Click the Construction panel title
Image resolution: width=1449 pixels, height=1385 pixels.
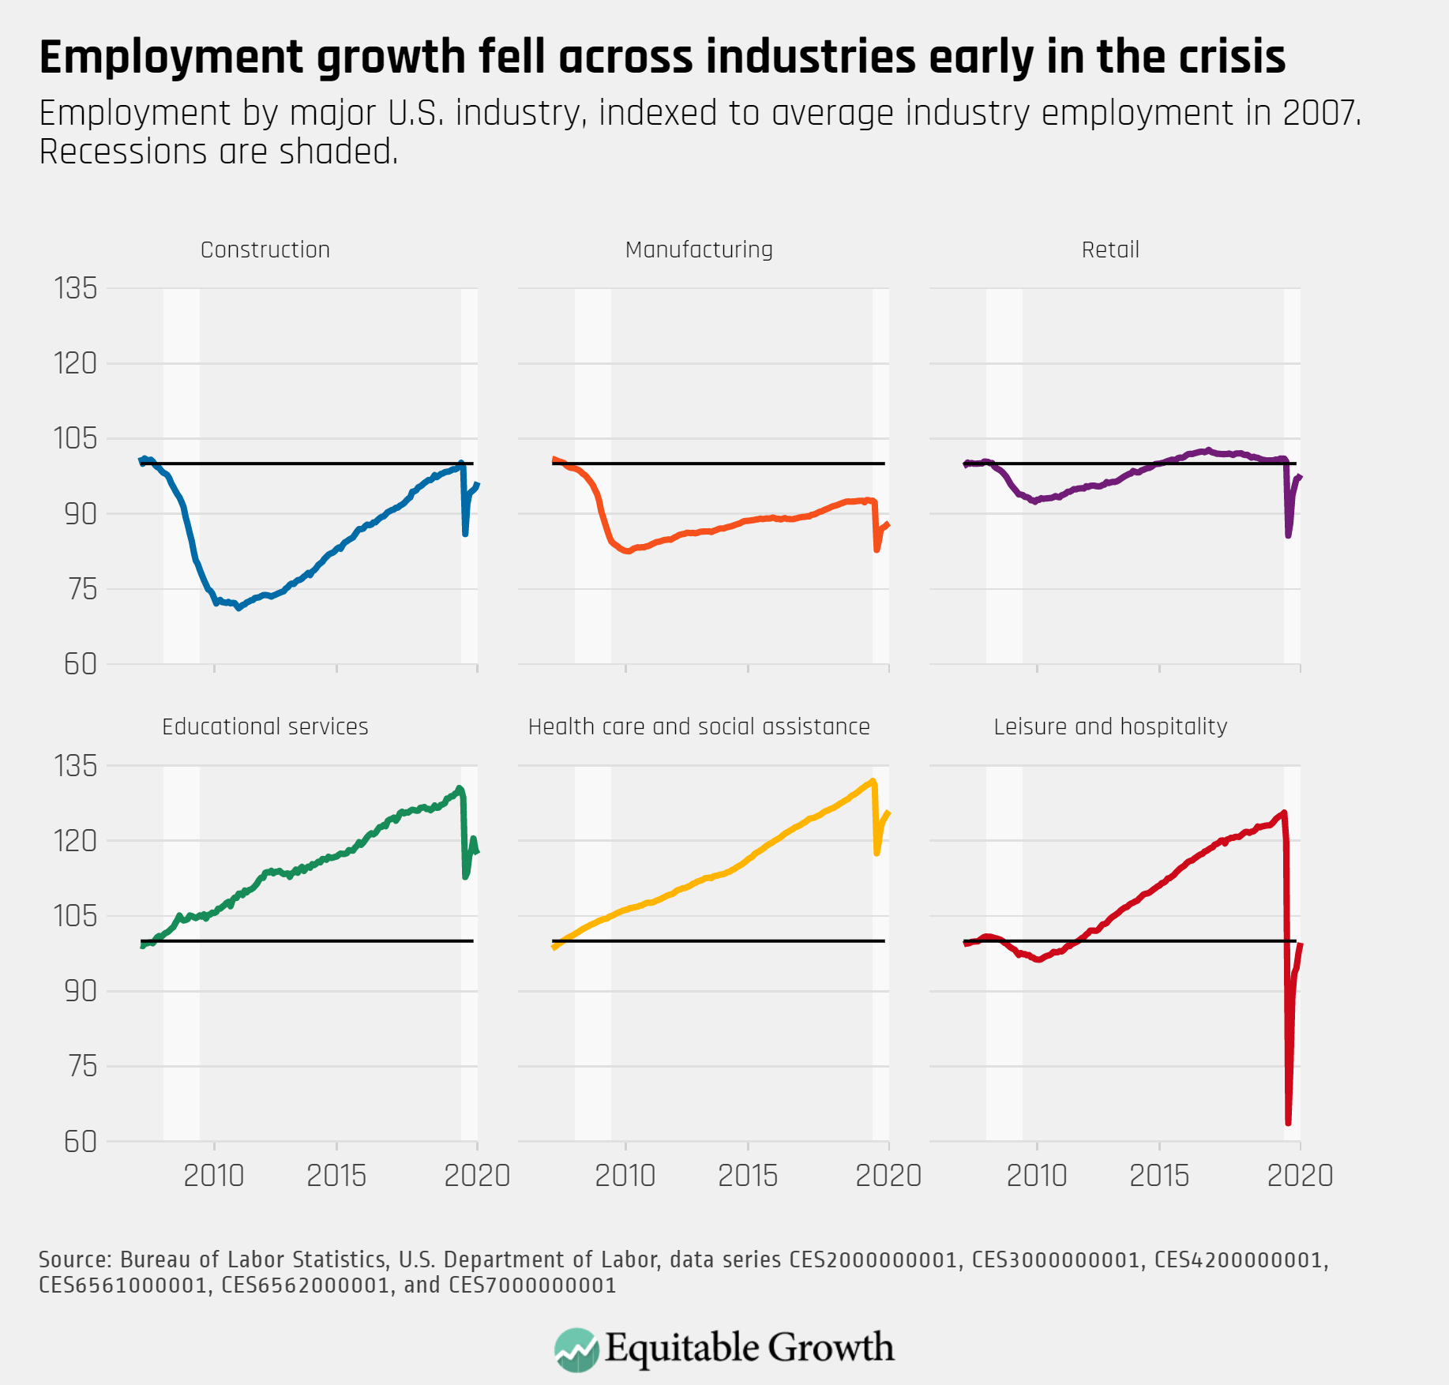click(265, 250)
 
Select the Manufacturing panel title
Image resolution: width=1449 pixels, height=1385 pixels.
click(699, 250)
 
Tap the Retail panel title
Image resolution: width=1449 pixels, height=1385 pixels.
click(1110, 250)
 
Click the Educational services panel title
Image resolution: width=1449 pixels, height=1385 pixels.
click(265, 726)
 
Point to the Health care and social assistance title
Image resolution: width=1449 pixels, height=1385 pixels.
click(699, 726)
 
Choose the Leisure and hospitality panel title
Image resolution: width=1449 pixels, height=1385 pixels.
click(1110, 726)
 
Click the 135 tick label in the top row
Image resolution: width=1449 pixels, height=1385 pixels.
click(76, 288)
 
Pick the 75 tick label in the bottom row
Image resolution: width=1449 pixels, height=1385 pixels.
click(81, 1066)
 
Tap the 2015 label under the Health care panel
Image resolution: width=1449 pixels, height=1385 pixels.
click(748, 1176)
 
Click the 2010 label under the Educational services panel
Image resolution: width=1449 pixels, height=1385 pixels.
click(214, 1176)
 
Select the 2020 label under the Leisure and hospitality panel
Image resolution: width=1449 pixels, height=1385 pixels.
click(1300, 1176)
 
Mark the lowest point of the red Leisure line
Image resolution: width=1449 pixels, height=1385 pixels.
click(1288, 1122)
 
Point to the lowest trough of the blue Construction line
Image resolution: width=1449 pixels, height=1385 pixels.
click(238, 608)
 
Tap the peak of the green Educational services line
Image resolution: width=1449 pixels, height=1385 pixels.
click(460, 788)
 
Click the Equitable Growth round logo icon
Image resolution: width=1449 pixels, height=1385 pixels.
click(576, 1349)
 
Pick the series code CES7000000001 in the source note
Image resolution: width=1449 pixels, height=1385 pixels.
click(532, 1285)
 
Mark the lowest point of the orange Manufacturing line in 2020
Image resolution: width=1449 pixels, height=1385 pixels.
click(877, 550)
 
